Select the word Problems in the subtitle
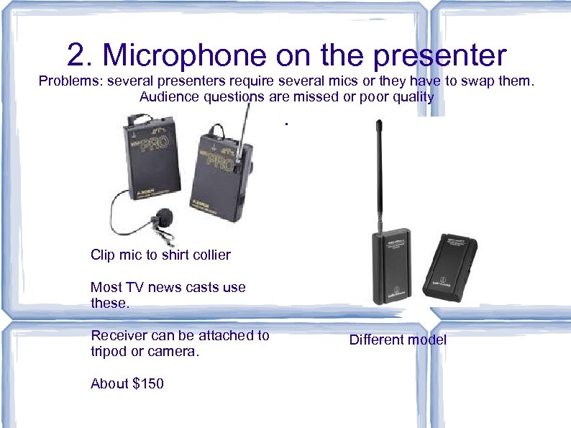[70, 81]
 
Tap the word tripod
[110, 351]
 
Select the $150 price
[148, 383]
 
